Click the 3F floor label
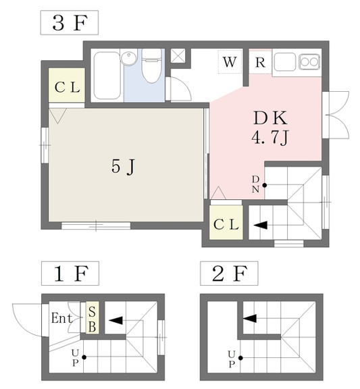tap(70, 22)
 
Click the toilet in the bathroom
tap(151, 66)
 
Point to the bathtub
tap(107, 76)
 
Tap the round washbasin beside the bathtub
tap(129, 58)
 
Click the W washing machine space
tap(230, 61)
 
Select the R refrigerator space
tap(260, 62)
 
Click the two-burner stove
tap(309, 61)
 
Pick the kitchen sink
tap(285, 61)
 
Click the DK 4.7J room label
tap(270, 128)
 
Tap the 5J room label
tap(123, 166)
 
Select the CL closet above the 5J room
tap(67, 85)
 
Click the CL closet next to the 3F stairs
tap(226, 223)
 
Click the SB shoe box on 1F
tap(93, 317)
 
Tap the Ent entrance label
tap(61, 318)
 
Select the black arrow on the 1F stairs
tap(115, 321)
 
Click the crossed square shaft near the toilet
tap(178, 55)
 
